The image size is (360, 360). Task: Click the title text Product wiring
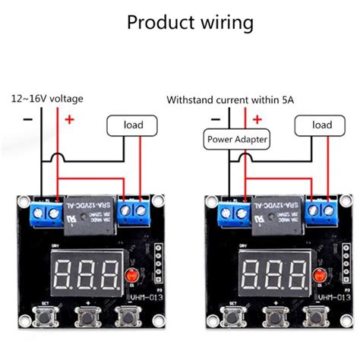(190, 23)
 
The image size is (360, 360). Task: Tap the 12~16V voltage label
(46, 99)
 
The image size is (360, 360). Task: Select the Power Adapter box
(237, 139)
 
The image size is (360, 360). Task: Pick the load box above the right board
(322, 125)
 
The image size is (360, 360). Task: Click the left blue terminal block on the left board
(46, 213)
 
